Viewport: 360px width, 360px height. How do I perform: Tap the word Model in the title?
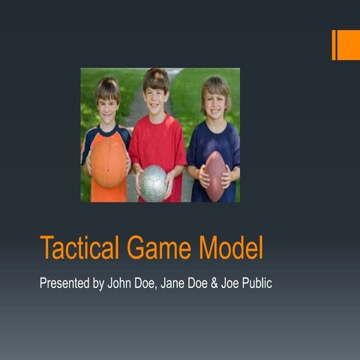click(x=236, y=247)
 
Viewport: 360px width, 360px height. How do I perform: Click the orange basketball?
click(x=109, y=164)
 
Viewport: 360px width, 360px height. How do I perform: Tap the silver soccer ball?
click(x=154, y=183)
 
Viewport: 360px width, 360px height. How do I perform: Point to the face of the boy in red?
click(x=157, y=97)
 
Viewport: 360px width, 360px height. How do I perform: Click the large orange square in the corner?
click(x=349, y=45)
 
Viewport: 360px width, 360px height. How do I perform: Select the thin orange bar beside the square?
click(x=334, y=45)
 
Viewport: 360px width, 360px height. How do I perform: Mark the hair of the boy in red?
click(x=156, y=77)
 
